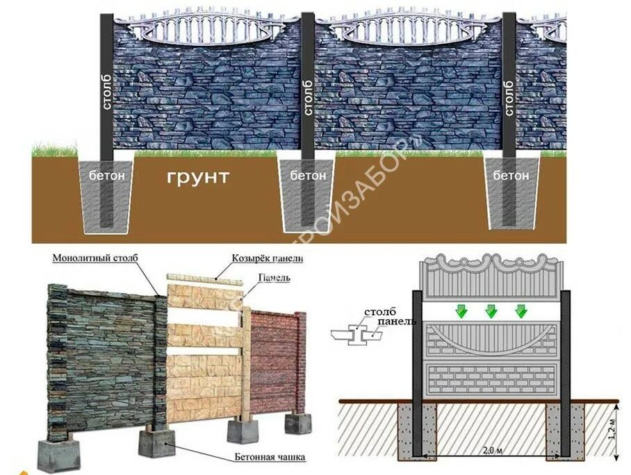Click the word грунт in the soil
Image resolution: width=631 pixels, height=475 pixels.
click(197, 177)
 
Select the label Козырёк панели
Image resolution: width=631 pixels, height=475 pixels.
click(268, 258)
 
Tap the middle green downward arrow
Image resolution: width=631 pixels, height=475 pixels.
click(490, 310)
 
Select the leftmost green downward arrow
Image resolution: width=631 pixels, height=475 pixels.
click(459, 310)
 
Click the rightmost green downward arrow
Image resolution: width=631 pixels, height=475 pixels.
click(521, 310)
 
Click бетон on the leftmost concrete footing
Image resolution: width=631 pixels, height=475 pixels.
click(107, 176)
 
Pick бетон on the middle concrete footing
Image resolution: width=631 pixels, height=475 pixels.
click(308, 176)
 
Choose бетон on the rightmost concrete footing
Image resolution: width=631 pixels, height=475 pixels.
click(511, 176)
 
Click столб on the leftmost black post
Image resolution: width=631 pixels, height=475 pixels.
click(107, 94)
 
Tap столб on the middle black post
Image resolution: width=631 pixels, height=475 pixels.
click(306, 96)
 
